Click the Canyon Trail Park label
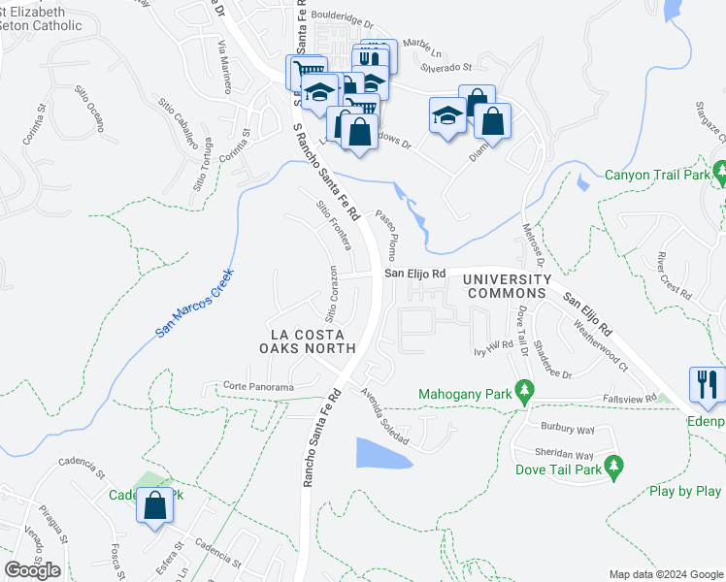(657, 176)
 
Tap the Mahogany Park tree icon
(525, 393)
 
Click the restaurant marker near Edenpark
(706, 384)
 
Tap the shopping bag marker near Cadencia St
(155, 506)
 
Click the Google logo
(32, 570)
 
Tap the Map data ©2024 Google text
(665, 574)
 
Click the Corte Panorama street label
(258, 387)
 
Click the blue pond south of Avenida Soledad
(382, 452)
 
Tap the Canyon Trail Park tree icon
(719, 175)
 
